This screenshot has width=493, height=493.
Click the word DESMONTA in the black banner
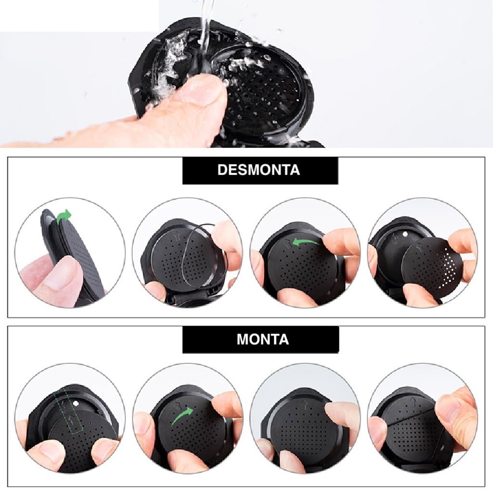click(259, 170)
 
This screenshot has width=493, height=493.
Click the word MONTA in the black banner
click(262, 339)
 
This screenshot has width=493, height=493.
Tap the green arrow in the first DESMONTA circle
click(64, 216)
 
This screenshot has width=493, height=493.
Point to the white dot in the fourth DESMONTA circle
click(405, 234)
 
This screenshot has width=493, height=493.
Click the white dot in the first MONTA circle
click(75, 403)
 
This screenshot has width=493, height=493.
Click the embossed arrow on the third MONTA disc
click(304, 403)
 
